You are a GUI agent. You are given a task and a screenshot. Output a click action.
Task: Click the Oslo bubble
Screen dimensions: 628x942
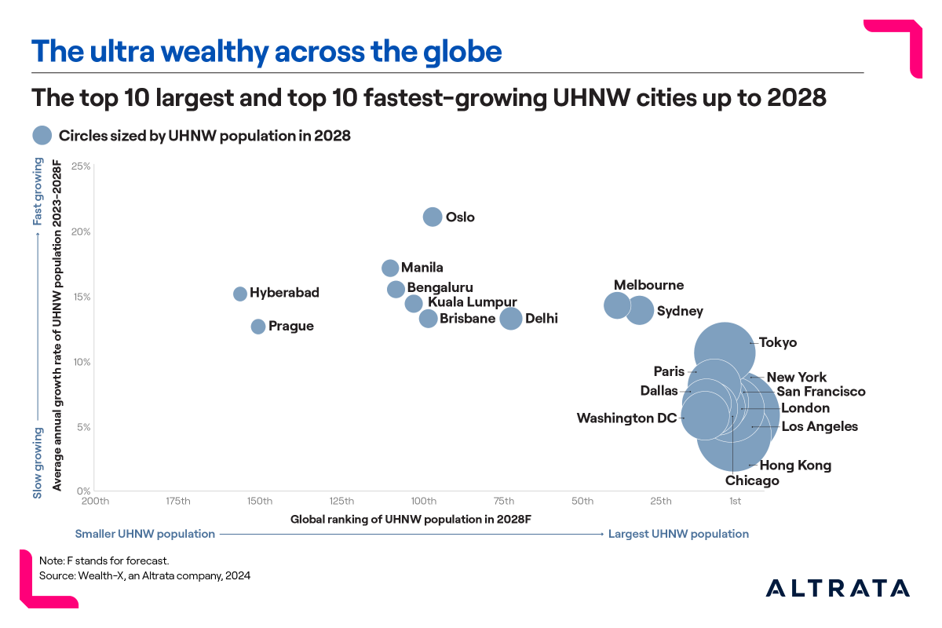click(x=433, y=217)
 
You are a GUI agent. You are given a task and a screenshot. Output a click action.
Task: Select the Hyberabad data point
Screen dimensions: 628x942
click(x=240, y=294)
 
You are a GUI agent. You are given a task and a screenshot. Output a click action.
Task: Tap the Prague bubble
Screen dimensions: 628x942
click(x=258, y=327)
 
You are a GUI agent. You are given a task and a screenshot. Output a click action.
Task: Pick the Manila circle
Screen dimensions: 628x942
click(x=390, y=268)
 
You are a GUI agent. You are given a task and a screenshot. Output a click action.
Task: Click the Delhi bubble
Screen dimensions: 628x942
click(x=511, y=319)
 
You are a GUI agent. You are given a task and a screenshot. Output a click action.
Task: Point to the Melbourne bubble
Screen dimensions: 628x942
click(x=617, y=305)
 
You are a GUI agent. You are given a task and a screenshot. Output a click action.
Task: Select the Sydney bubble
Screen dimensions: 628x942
click(x=641, y=310)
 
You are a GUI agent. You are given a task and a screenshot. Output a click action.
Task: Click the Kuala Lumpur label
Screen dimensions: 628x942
click(x=472, y=302)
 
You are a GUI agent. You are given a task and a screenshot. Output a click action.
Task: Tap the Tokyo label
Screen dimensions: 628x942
click(x=778, y=343)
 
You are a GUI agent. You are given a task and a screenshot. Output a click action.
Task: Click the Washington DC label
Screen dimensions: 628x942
click(x=626, y=418)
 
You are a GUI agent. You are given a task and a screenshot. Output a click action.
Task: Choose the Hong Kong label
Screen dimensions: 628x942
click(x=795, y=466)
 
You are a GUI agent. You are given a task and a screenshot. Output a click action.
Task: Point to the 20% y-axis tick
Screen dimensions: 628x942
click(x=82, y=232)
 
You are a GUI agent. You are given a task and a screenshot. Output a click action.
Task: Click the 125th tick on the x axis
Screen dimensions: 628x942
click(x=341, y=502)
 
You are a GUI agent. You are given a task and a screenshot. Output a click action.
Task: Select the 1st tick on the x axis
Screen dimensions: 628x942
click(x=735, y=502)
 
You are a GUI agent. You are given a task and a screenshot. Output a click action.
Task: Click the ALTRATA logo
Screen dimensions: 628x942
click(x=838, y=588)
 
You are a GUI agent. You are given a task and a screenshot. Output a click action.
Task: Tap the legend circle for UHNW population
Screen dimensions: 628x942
click(x=42, y=136)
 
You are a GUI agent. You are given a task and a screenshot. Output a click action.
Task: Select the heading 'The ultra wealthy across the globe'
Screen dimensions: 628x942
click(x=266, y=52)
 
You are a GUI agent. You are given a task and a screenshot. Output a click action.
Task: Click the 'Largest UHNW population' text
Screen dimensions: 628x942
click(x=678, y=534)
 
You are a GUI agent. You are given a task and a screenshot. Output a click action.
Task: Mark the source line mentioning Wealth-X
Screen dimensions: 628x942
click(x=144, y=575)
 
